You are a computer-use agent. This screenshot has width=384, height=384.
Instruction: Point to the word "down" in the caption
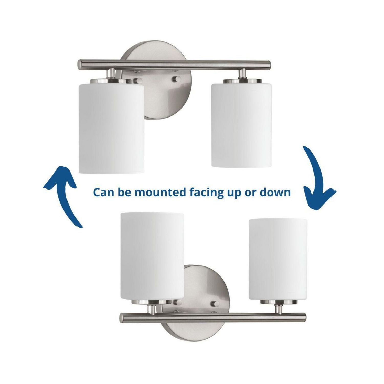[275, 192]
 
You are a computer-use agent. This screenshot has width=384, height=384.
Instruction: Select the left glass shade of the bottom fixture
[152, 256]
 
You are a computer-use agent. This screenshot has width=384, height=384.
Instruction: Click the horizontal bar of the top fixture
[174, 65]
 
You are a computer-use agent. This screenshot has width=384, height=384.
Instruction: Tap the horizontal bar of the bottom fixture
[212, 317]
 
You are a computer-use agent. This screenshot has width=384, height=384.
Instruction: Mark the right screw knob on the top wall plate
[176, 79]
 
